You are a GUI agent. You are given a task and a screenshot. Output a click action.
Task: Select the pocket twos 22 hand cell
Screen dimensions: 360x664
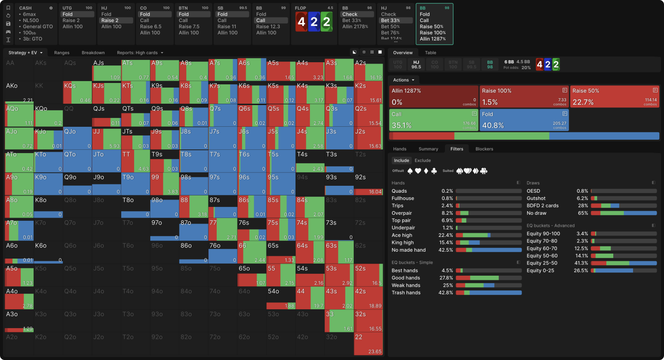coord(368,344)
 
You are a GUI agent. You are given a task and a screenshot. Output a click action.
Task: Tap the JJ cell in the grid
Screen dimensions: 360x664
coord(106,138)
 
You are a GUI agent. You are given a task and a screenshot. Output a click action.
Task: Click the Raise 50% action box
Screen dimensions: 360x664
coord(614,96)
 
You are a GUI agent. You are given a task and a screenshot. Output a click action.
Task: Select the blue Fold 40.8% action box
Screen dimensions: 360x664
coord(524,120)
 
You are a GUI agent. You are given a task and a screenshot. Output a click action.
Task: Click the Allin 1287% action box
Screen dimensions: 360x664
coord(433,96)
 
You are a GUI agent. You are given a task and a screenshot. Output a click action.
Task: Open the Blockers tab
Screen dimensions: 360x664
coord(484,149)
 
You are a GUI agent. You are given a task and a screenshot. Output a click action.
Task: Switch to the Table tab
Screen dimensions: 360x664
coord(430,53)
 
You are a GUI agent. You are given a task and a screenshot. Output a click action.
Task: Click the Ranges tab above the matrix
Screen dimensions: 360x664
coord(62,53)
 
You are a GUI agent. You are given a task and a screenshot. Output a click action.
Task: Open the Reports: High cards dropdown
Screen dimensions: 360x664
coord(140,53)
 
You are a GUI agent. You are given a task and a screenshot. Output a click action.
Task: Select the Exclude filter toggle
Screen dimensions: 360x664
coord(422,160)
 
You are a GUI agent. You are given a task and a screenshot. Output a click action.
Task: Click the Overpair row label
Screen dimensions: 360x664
coord(402,213)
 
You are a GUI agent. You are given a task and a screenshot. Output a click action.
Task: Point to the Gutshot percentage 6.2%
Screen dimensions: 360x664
coord(582,198)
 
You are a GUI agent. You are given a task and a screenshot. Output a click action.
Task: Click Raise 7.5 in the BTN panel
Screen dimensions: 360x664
coord(190,27)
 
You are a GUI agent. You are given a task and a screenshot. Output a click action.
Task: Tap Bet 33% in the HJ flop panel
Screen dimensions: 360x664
coord(391,20)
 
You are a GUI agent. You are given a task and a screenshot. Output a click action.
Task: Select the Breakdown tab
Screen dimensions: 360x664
coord(93,53)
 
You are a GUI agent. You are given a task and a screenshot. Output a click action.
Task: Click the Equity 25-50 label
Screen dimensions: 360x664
coord(542,263)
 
